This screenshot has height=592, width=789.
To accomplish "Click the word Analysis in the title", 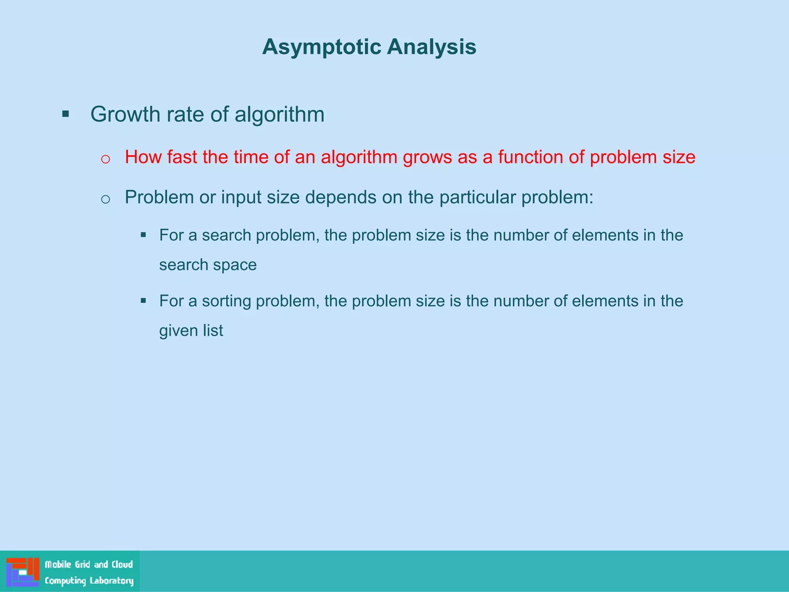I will (431, 47).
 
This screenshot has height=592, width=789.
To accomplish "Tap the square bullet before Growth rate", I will (65, 114).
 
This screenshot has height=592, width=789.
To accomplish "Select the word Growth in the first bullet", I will (125, 114).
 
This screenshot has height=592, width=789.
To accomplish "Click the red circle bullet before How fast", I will (106, 159).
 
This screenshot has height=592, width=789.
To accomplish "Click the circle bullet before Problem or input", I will (106, 199).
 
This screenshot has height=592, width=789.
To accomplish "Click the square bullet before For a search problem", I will (143, 235).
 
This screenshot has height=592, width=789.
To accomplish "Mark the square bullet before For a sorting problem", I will (143, 301).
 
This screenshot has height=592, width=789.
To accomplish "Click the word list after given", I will (213, 331).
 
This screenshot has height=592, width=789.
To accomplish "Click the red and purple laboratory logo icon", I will (23, 572).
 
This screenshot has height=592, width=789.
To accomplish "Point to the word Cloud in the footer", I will (122, 565).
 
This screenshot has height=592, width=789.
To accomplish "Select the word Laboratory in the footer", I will (111, 581).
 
